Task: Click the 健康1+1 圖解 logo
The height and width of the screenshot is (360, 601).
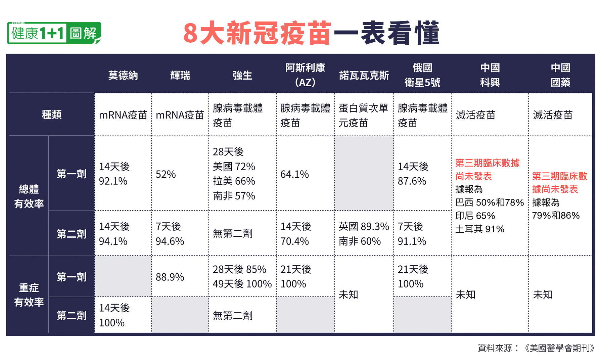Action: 54,33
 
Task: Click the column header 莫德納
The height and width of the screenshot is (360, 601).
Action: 123,75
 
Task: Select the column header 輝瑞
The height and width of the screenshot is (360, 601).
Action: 180,75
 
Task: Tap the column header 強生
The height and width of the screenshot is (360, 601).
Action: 242,75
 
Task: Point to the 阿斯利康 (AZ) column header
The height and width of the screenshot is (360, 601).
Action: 305,75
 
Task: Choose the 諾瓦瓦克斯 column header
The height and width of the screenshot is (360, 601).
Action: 364,75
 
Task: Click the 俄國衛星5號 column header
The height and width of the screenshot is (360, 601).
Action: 422,75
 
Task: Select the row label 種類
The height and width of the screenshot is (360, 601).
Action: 52,115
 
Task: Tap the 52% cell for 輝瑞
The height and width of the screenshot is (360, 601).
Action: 166,174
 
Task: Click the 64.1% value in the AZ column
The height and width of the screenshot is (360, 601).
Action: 294,174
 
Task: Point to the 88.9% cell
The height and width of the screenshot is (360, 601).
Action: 170,277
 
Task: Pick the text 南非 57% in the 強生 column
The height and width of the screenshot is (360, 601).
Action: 234,196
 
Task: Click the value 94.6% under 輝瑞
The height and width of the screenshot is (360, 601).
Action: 170,241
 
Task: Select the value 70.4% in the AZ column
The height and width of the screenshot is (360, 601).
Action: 294,241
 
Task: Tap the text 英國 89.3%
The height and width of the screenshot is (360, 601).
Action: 364,226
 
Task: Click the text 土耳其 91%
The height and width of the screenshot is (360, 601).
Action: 480,229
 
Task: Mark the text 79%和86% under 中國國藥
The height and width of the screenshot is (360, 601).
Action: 556,216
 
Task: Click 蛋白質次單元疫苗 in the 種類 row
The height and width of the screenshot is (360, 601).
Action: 363,115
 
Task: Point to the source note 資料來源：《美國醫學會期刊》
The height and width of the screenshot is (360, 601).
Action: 536,348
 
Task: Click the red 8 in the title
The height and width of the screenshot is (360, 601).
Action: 190,33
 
